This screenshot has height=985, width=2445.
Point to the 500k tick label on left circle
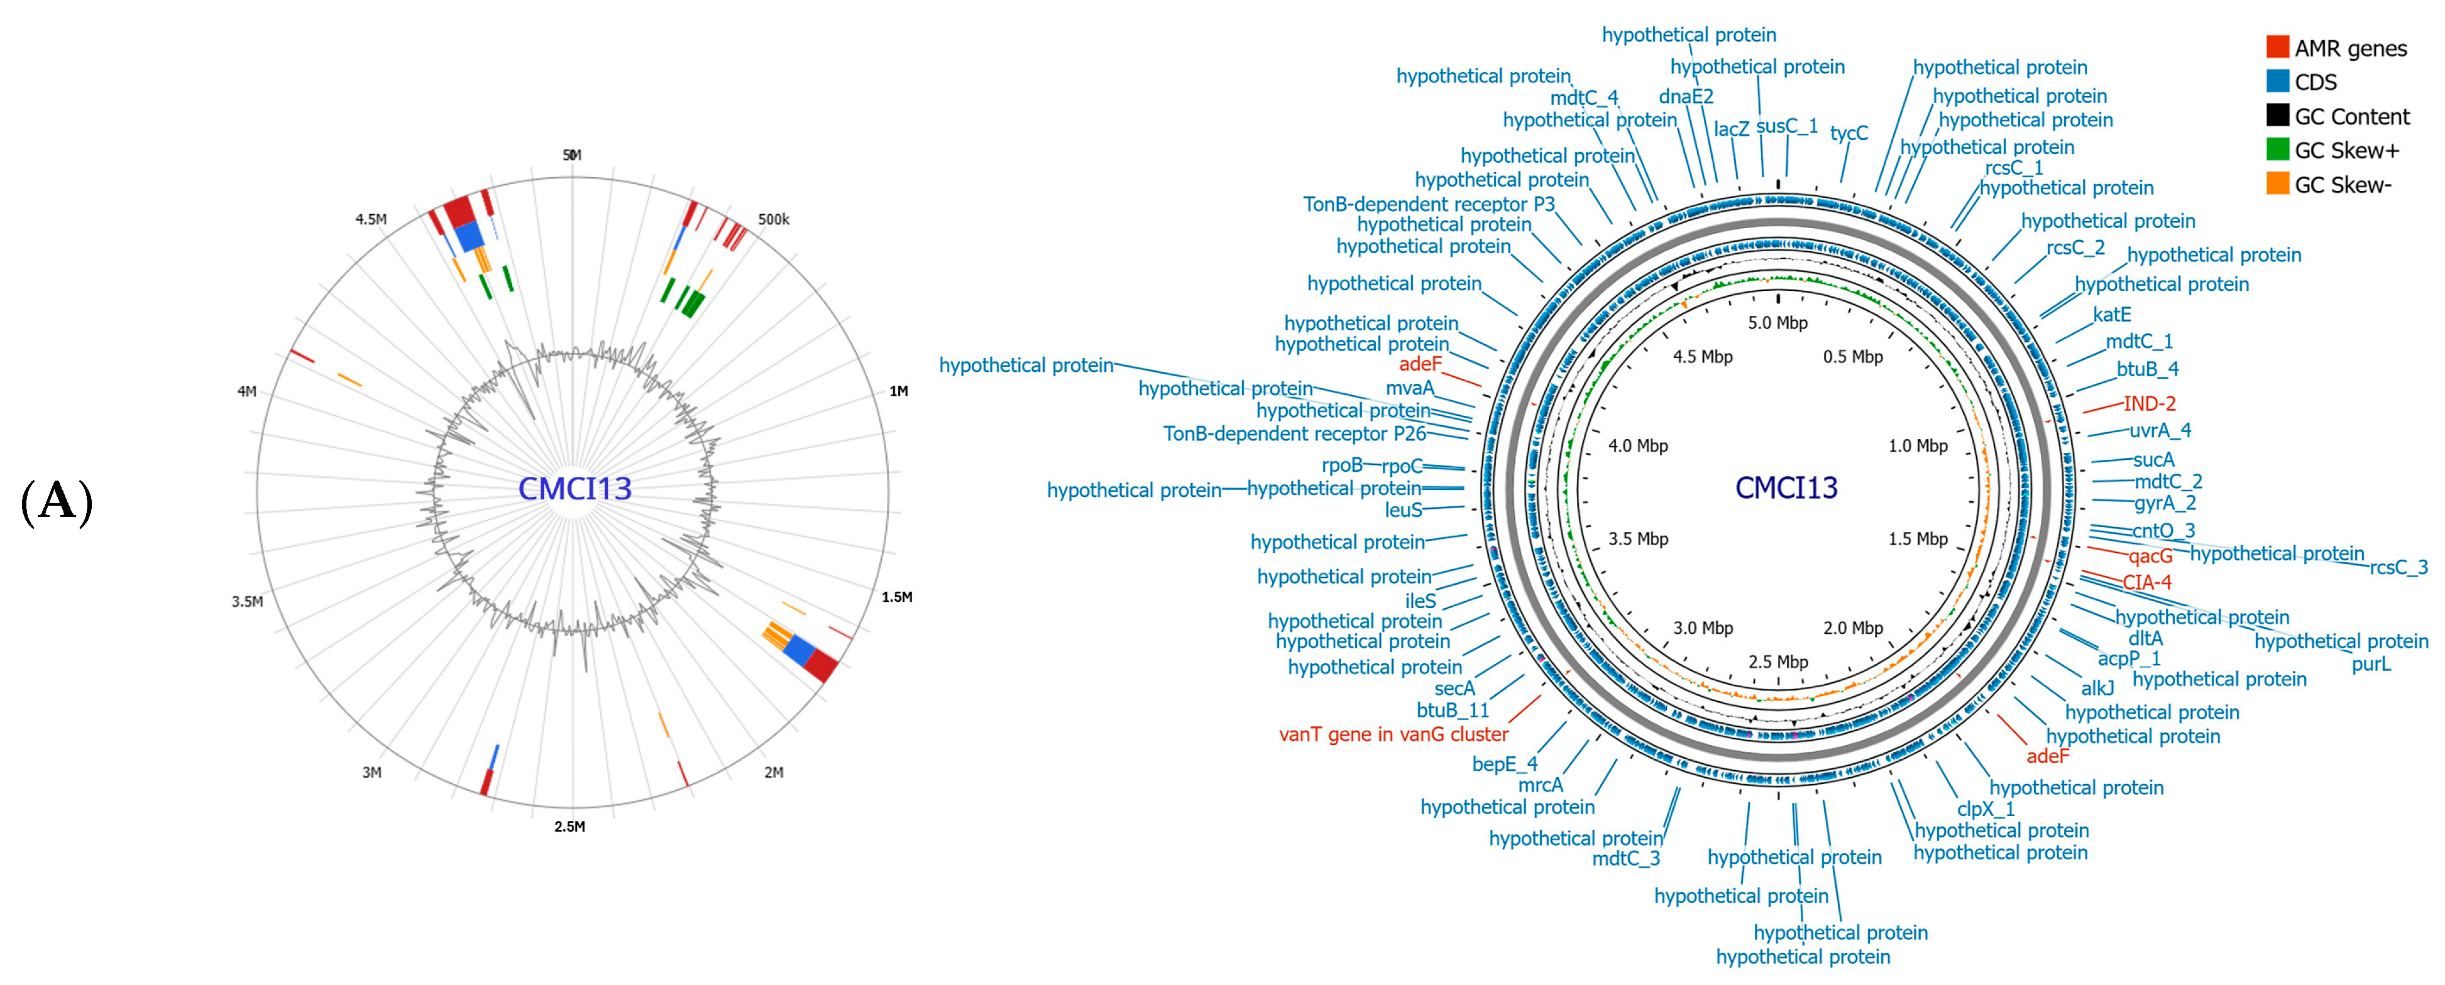point(772,219)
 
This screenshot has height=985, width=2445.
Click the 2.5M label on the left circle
point(569,827)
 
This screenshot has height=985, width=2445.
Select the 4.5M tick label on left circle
point(371,219)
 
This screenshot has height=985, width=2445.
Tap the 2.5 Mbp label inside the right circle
point(1777,661)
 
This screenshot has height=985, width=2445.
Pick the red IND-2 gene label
point(2149,403)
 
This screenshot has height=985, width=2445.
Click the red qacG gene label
point(2150,556)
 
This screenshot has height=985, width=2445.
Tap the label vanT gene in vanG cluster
point(1392,734)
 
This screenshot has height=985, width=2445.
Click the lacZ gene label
point(1731,129)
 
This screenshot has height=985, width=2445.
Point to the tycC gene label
point(1848,133)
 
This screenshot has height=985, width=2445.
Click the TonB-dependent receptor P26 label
point(1295,433)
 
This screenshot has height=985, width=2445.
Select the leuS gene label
point(1403,511)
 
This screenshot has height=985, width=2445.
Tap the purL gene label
point(2370,664)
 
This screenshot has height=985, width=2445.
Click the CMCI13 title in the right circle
point(1786,487)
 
